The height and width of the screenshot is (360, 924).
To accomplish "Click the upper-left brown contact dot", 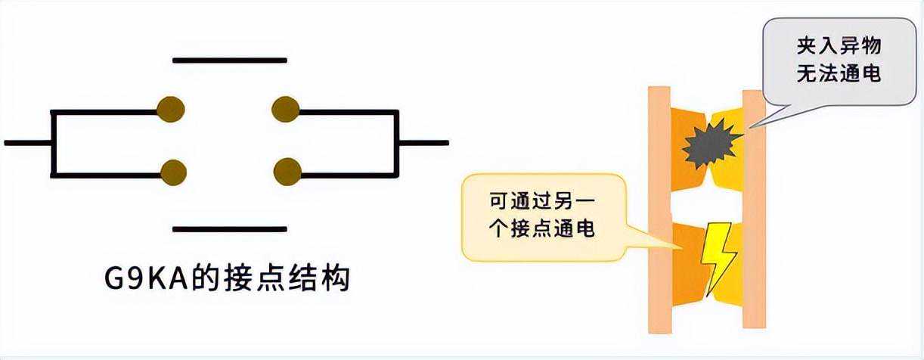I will point(171,110).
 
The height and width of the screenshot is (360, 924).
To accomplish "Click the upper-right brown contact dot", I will point(286,110).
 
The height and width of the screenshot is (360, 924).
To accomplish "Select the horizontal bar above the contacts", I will point(230,59).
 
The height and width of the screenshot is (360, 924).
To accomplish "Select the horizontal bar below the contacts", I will point(230,228).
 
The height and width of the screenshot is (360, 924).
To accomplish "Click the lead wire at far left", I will point(27,141).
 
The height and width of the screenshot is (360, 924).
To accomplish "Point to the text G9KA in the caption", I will point(144,279).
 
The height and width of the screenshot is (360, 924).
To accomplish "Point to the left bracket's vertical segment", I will point(51,141).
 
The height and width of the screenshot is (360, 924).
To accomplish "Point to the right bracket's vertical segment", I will point(398,141).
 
